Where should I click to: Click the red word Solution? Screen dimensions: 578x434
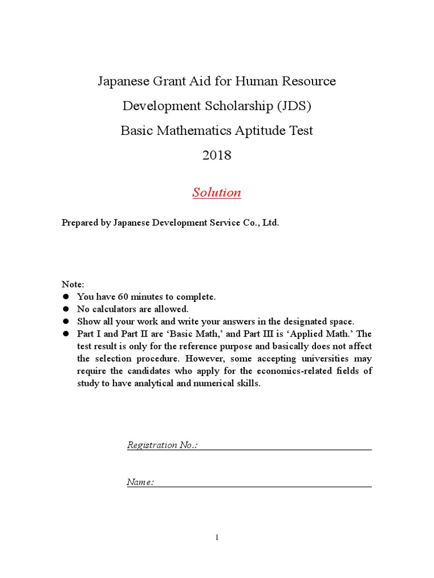tap(216, 192)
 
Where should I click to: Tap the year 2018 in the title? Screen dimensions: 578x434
tap(216, 155)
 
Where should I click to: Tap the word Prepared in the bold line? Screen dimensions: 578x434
tap(81, 222)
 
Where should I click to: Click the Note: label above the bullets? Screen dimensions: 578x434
tap(72, 284)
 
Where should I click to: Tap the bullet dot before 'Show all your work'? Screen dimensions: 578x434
tap(65, 321)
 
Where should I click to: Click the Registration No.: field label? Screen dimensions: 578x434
tap(162, 445)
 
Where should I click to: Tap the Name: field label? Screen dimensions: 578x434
tap(140, 483)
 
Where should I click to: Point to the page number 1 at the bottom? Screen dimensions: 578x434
tap(217, 537)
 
